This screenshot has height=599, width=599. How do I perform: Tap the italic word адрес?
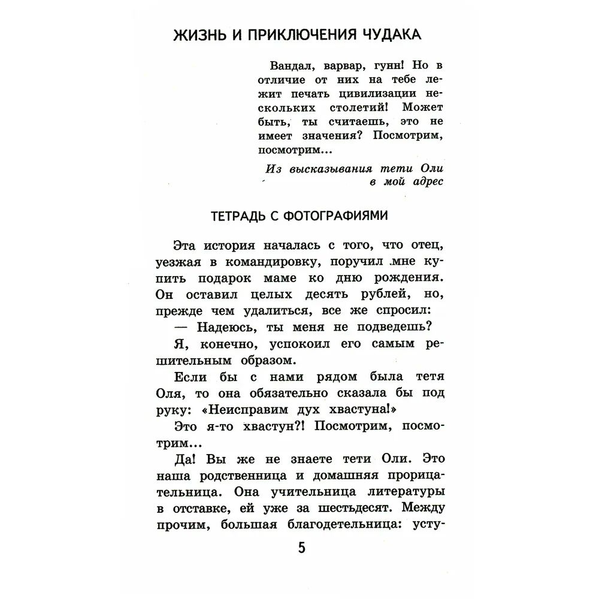426,181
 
